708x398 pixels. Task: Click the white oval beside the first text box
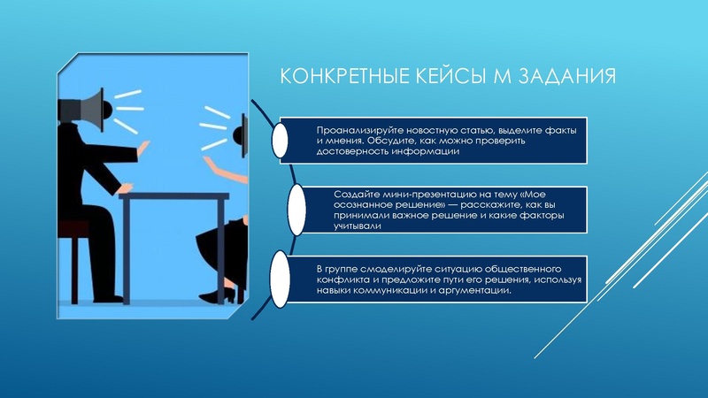click(280, 141)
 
